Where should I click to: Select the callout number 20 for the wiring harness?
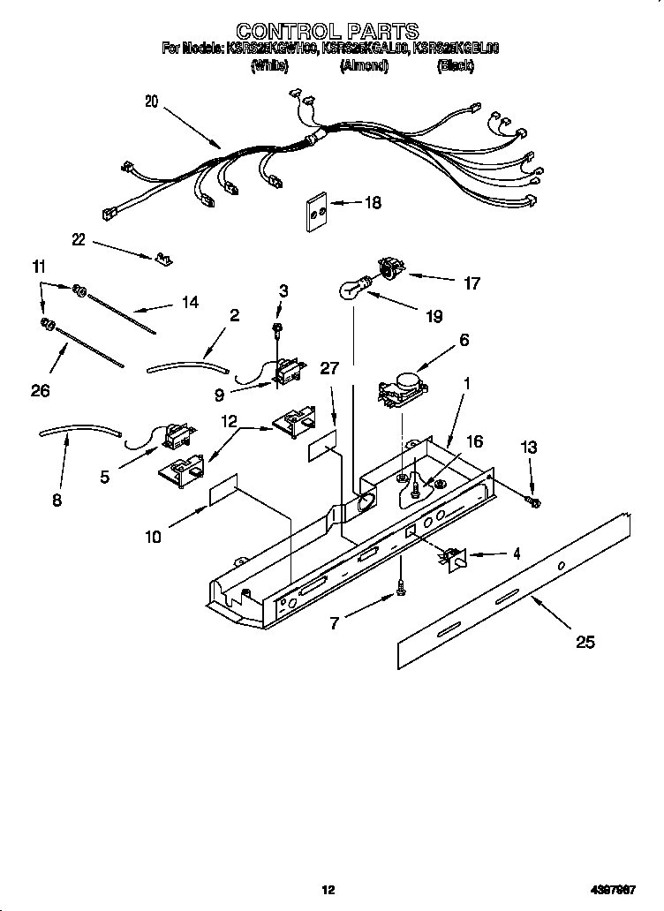point(151,102)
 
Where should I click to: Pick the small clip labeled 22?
point(162,259)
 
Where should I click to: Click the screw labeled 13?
point(534,502)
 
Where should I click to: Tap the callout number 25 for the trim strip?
point(585,643)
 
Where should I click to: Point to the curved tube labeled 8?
point(79,432)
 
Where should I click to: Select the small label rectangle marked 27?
point(323,447)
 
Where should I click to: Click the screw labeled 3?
point(277,329)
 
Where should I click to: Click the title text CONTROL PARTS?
point(330,33)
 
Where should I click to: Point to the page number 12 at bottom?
point(328,890)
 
